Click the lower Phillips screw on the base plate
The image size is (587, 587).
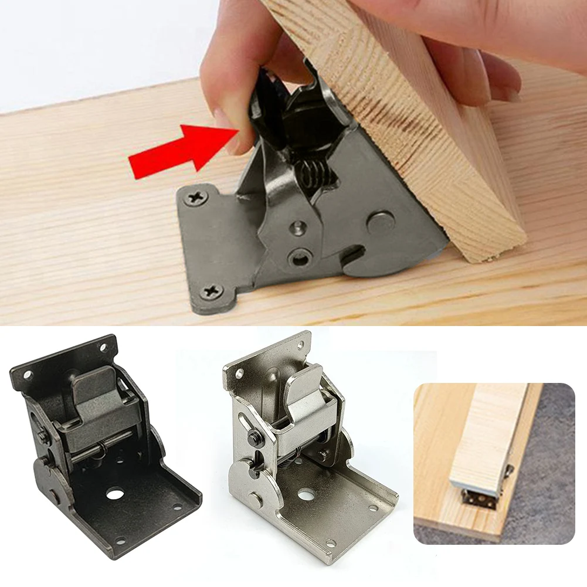pos(211,291)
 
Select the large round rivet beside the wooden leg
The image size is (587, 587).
pos(379,222)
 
